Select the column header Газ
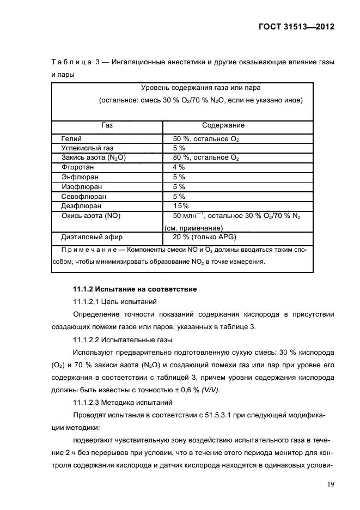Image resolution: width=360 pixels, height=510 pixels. click(107, 125)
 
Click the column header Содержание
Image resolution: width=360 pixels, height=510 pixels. click(223, 125)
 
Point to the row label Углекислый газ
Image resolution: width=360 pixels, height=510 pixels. click(87, 148)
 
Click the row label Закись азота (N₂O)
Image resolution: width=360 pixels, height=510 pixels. click(93, 157)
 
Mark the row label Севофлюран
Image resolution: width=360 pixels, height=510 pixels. click(83, 196)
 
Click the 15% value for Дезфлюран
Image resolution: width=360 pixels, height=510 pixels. click(180, 206)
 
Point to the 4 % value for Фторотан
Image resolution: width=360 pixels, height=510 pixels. click(179, 167)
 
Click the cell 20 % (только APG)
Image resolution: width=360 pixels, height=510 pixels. click(204, 237)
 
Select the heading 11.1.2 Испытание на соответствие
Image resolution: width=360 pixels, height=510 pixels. click(135, 289)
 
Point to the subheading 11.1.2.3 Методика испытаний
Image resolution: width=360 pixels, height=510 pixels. click(123, 403)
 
